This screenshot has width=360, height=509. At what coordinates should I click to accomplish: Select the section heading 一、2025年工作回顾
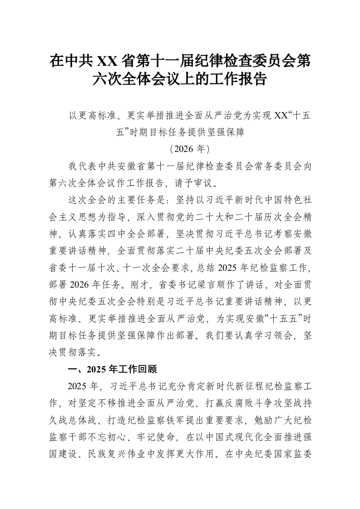(112, 369)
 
